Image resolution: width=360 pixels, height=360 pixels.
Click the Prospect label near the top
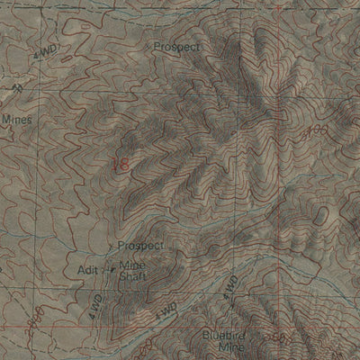pos(176,45)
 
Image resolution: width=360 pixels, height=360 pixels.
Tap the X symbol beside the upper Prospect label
pos(148,44)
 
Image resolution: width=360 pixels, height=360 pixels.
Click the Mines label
pos(16,118)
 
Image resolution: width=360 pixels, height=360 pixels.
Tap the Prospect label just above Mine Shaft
pos(139,245)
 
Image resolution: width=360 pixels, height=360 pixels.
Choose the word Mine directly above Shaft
pos(131,265)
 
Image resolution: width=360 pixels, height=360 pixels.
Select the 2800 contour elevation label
pos(33,319)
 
